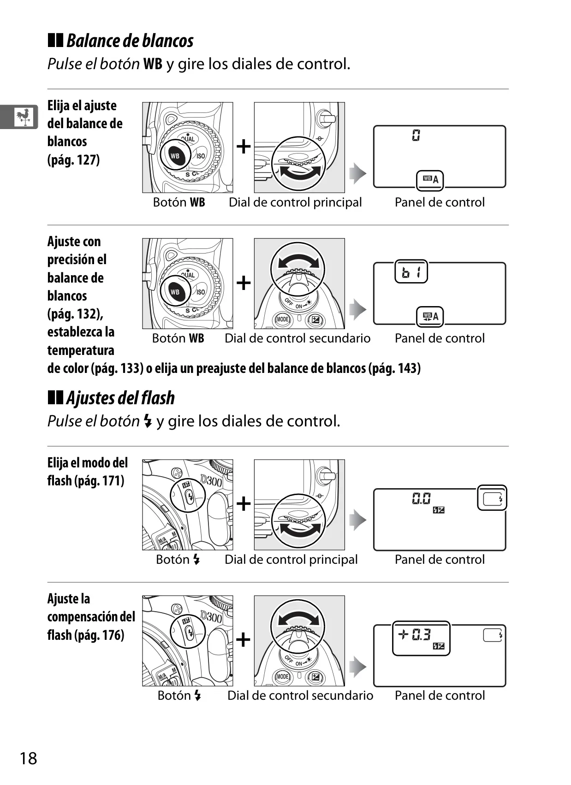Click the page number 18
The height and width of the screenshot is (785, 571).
tap(29, 759)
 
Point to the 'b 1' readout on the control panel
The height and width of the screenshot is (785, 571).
tap(411, 272)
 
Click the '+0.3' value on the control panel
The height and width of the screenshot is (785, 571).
tap(414, 634)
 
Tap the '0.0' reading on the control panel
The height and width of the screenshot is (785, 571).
tap(421, 498)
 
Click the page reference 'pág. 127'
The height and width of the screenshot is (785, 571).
tap(74, 160)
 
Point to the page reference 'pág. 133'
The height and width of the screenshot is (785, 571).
tap(117, 368)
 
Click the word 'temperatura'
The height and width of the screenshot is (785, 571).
tap(81, 350)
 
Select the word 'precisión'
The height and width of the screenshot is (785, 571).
tap(71, 260)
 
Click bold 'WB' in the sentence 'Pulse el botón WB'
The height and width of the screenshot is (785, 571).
tap(153, 64)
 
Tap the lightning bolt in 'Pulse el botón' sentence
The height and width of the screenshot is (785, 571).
tap(148, 421)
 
